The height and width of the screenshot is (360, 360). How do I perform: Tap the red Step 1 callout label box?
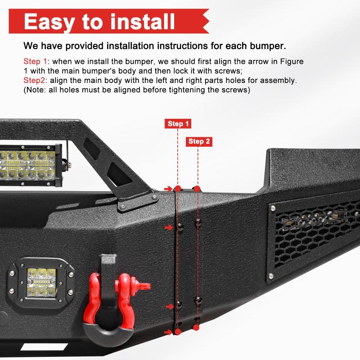[179, 124]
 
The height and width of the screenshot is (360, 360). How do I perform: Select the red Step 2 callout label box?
[199, 141]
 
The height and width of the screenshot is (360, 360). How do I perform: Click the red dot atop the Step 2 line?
[197, 187]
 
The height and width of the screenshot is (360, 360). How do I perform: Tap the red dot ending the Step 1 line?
[178, 332]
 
